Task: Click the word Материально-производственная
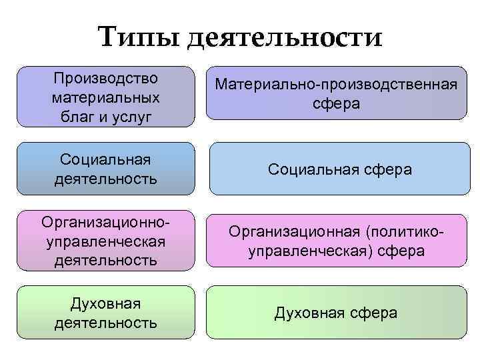pyautogui.click(x=336, y=85)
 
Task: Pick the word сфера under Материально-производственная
pyautogui.click(x=336, y=104)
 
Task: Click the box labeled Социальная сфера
pyautogui.click(x=340, y=170)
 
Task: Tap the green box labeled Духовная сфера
pyautogui.click(x=336, y=313)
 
